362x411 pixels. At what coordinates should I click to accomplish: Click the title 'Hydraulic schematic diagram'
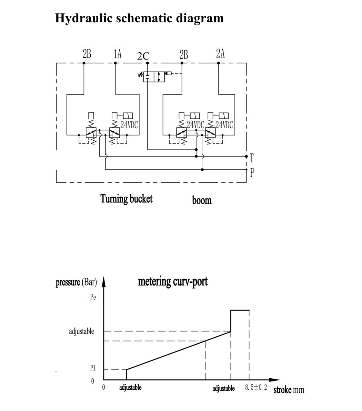(139, 18)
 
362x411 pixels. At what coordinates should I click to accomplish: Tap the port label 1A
(118, 54)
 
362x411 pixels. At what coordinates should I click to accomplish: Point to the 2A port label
(220, 54)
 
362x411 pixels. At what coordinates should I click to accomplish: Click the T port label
(252, 158)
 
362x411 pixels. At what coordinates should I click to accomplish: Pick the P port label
(252, 172)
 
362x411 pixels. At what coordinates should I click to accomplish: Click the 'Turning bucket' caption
(126, 199)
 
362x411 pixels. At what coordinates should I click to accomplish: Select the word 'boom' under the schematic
(202, 200)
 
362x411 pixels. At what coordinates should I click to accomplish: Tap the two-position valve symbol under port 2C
(154, 77)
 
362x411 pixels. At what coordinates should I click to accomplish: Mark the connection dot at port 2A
(219, 63)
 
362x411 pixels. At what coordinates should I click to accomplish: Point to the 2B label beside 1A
(87, 54)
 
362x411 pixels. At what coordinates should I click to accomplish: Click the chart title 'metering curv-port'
(173, 282)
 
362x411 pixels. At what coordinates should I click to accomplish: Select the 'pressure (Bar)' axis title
(76, 283)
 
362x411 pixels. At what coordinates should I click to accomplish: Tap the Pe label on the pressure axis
(93, 297)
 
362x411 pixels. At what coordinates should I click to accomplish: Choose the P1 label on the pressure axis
(92, 368)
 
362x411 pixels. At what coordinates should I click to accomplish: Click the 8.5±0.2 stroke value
(256, 388)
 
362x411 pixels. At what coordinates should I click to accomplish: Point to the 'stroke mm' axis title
(289, 390)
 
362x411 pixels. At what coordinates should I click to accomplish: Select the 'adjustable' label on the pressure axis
(81, 332)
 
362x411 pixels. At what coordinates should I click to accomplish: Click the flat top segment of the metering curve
(240, 310)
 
